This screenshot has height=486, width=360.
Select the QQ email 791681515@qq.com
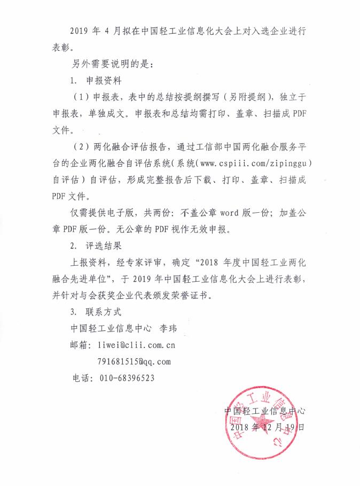click(135, 361)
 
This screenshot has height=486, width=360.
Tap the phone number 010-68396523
click(127, 378)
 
